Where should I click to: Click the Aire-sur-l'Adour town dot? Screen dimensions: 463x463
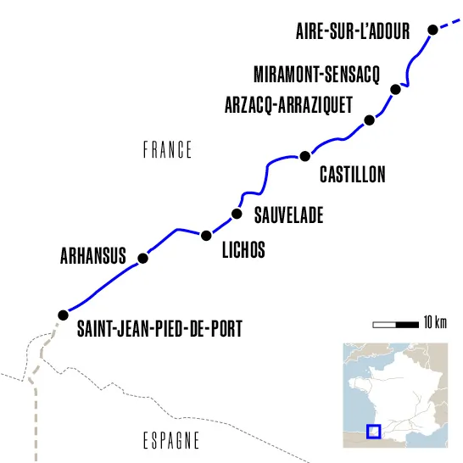[x=432, y=30]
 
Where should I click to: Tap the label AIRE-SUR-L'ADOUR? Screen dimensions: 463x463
[x=353, y=31]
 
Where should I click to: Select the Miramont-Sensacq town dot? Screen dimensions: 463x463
[x=394, y=89]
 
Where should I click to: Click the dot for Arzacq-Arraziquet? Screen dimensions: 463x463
[x=368, y=120]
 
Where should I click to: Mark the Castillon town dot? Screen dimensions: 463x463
[x=305, y=155]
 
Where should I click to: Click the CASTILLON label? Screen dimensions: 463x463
[x=352, y=176]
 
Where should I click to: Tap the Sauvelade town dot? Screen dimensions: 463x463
[x=237, y=214]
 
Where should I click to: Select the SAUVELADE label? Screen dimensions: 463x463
[x=288, y=215]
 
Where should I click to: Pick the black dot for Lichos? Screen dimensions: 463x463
[x=205, y=234]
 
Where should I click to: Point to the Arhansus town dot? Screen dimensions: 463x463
[x=142, y=258]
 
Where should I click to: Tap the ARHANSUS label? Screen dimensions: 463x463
[x=92, y=255]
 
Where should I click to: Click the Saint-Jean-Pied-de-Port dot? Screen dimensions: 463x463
[x=63, y=315]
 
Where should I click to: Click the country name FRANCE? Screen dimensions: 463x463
[x=167, y=151]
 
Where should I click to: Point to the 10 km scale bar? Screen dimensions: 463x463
[x=395, y=323]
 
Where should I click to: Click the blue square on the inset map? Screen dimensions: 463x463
[x=373, y=431]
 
